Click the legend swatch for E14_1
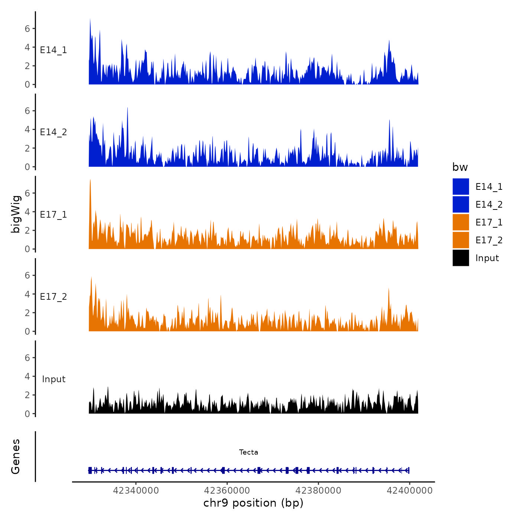click(461, 186)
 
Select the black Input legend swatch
click(461, 258)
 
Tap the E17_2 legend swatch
click(461, 240)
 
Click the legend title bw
click(460, 167)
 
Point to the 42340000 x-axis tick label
click(136, 491)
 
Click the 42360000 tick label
click(227, 491)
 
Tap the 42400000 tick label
click(410, 491)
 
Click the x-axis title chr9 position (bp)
click(253, 503)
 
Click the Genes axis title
click(16, 456)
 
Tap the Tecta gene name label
click(248, 452)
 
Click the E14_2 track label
click(53, 132)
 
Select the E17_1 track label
click(53, 215)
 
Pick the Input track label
click(53, 379)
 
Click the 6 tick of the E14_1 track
click(27, 29)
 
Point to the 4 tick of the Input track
click(27, 376)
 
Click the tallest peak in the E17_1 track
click(90, 180)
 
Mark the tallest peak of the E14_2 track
click(127, 108)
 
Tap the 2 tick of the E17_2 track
click(27, 313)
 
